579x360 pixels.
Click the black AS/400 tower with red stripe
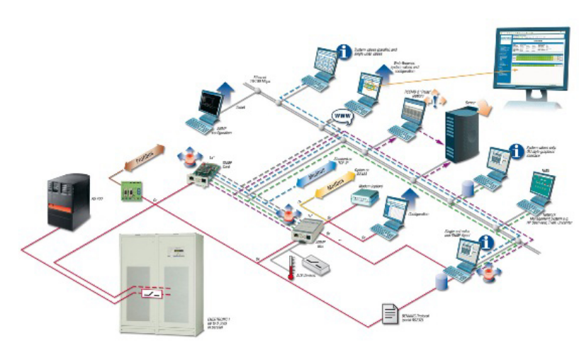(x=70, y=201)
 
